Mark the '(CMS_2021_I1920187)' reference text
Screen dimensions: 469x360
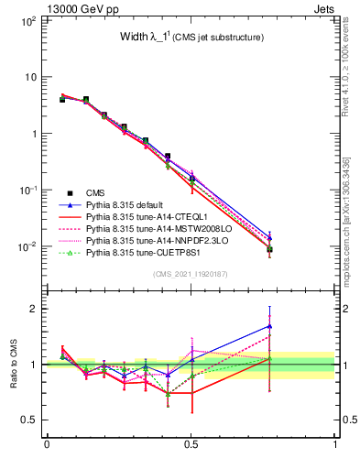tap(191, 274)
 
